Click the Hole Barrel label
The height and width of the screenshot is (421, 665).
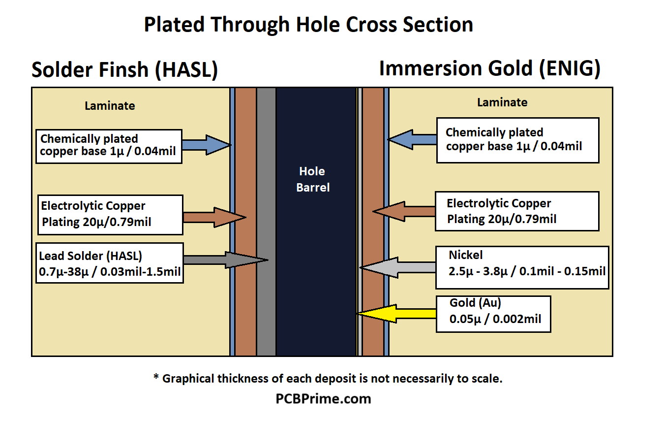coord(313,179)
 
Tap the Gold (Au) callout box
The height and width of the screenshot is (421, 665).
coord(493,314)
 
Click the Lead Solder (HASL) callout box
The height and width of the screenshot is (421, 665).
coord(109,262)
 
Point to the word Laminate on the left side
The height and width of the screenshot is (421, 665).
coord(110,105)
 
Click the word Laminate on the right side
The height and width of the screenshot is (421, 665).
coord(502,102)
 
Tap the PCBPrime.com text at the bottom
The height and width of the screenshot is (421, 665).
coord(323,398)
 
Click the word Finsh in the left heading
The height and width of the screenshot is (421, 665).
coord(121,70)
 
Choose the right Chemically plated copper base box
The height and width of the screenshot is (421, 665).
coord(517,140)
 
